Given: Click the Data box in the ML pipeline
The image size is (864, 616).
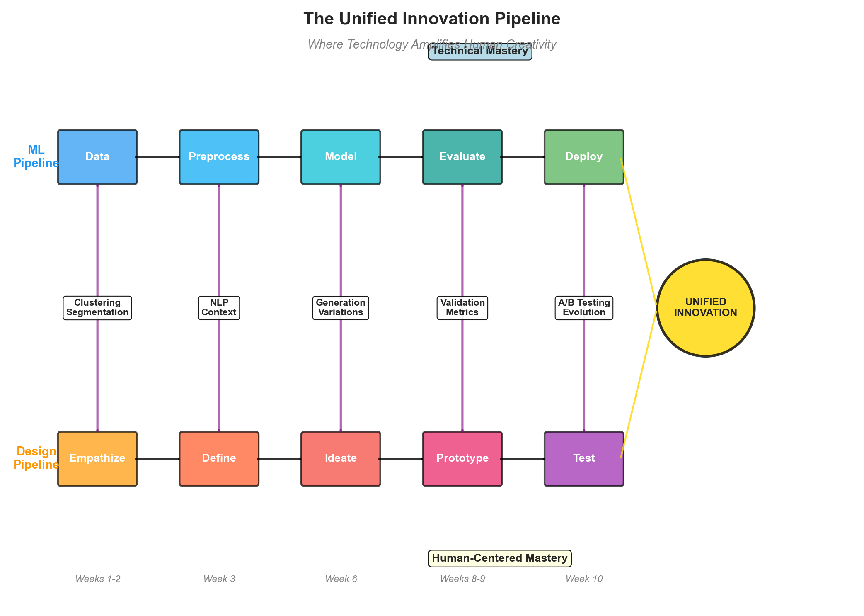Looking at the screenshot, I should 97,157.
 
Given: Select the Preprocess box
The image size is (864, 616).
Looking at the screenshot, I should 219,157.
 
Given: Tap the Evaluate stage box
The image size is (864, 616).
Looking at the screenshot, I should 462,157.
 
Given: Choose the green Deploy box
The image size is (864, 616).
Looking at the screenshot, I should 583,157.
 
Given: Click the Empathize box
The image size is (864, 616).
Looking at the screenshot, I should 97,458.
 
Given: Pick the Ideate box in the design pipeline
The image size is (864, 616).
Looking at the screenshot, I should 341,458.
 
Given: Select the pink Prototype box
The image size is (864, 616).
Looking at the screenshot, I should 462,458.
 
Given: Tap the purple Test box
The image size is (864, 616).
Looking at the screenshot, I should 583,458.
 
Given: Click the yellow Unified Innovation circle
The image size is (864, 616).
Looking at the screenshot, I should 705,307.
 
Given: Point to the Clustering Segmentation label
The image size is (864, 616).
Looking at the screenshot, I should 97,307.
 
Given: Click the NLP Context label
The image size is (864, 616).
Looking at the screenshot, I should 219,307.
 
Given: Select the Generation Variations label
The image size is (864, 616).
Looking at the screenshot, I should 341,307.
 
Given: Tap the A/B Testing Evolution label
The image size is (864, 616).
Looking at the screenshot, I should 583,307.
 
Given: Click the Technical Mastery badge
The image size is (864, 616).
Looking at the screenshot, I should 480,51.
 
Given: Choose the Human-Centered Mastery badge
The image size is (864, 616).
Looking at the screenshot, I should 499,558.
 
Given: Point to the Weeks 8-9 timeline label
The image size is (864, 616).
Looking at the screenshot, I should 462,579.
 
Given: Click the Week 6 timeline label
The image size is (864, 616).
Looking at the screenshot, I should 341,579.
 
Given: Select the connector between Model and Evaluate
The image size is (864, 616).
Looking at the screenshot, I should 401,157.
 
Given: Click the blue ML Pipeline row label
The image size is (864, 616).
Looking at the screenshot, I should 36,156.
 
